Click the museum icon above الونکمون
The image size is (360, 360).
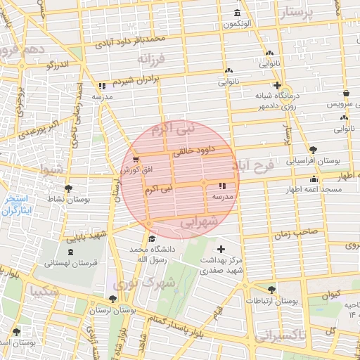[236, 13]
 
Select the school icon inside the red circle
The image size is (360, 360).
[223, 186]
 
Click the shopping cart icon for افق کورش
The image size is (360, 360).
[135, 160]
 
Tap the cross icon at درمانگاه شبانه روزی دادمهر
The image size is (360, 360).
[277, 85]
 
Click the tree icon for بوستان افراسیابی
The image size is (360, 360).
[313, 150]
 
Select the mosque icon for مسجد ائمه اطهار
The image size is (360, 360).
[314, 179]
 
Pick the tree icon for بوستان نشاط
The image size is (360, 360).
[68, 188]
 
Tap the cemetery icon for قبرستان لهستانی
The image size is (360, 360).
[69, 252]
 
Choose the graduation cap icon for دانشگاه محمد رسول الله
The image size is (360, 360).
[153, 239]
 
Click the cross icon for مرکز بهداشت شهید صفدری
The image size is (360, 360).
[221, 250]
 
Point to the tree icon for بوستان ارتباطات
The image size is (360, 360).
[271, 289]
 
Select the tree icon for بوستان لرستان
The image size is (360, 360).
[122, 298]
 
